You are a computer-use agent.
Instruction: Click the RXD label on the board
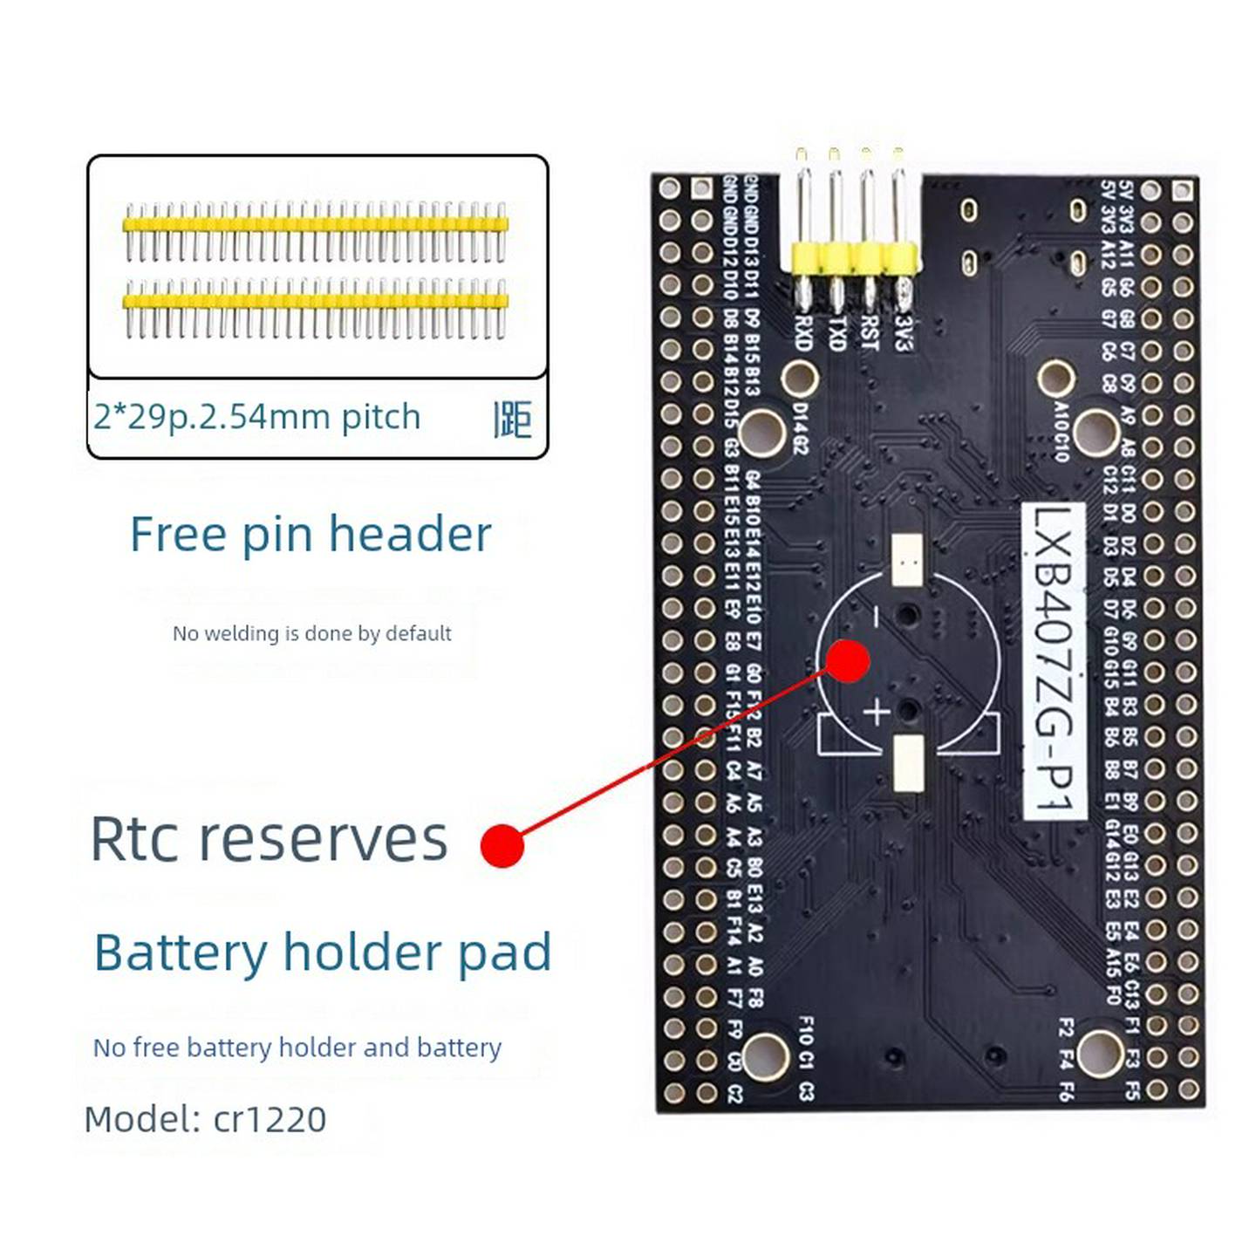pyautogui.click(x=803, y=332)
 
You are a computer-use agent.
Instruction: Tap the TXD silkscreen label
pyautogui.click(x=836, y=332)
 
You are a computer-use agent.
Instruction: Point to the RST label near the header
pyautogui.click(x=869, y=332)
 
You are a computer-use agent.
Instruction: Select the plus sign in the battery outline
pyautogui.click(x=876, y=712)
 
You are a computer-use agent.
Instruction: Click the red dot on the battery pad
pyautogui.click(x=847, y=660)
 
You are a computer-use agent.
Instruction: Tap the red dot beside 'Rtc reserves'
pyautogui.click(x=502, y=845)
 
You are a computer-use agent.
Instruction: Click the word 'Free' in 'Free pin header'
pyautogui.click(x=178, y=534)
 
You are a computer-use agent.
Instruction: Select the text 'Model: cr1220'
pyautogui.click(x=206, y=1119)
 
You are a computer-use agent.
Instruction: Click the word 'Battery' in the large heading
pyautogui.click(x=181, y=952)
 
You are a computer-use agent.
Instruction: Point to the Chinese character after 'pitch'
pyautogui.click(x=512, y=420)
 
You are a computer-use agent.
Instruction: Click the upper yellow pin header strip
pyautogui.click(x=315, y=225)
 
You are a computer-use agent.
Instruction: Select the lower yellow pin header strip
pyautogui.click(x=315, y=302)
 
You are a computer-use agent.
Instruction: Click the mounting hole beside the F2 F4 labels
pyautogui.click(x=1100, y=1053)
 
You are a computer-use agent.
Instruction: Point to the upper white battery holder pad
pyautogui.click(x=908, y=560)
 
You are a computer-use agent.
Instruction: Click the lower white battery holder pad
pyautogui.click(x=908, y=762)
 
